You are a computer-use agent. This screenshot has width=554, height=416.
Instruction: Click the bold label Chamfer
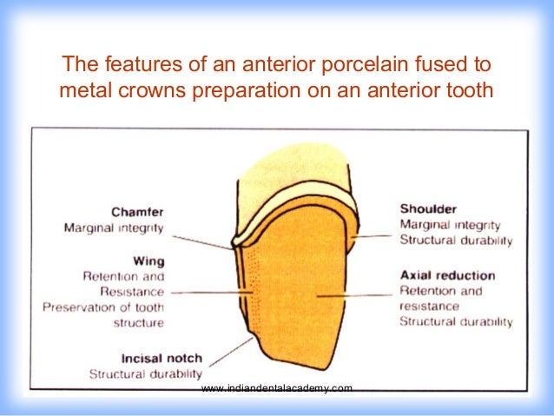(x=138, y=211)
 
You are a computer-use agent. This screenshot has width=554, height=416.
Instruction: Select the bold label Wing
(x=148, y=261)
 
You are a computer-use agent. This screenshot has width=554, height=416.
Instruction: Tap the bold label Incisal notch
(x=128, y=358)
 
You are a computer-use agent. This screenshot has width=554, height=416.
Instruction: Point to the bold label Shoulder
(x=429, y=208)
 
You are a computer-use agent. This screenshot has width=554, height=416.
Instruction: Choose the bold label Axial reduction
(x=446, y=275)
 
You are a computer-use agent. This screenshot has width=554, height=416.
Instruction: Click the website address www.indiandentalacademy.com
(x=276, y=388)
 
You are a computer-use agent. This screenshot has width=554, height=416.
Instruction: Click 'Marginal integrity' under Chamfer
(x=114, y=228)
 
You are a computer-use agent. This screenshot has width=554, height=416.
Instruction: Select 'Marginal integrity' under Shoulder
(x=449, y=225)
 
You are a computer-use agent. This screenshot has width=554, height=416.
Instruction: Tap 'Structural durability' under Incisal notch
(x=128, y=374)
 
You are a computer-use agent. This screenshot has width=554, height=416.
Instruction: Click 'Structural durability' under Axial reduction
(x=455, y=322)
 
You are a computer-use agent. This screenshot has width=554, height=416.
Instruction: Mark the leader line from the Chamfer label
(x=201, y=236)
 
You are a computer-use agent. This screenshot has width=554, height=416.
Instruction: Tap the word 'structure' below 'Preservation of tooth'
(x=138, y=322)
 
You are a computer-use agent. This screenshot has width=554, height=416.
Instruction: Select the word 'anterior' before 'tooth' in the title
(x=401, y=90)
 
